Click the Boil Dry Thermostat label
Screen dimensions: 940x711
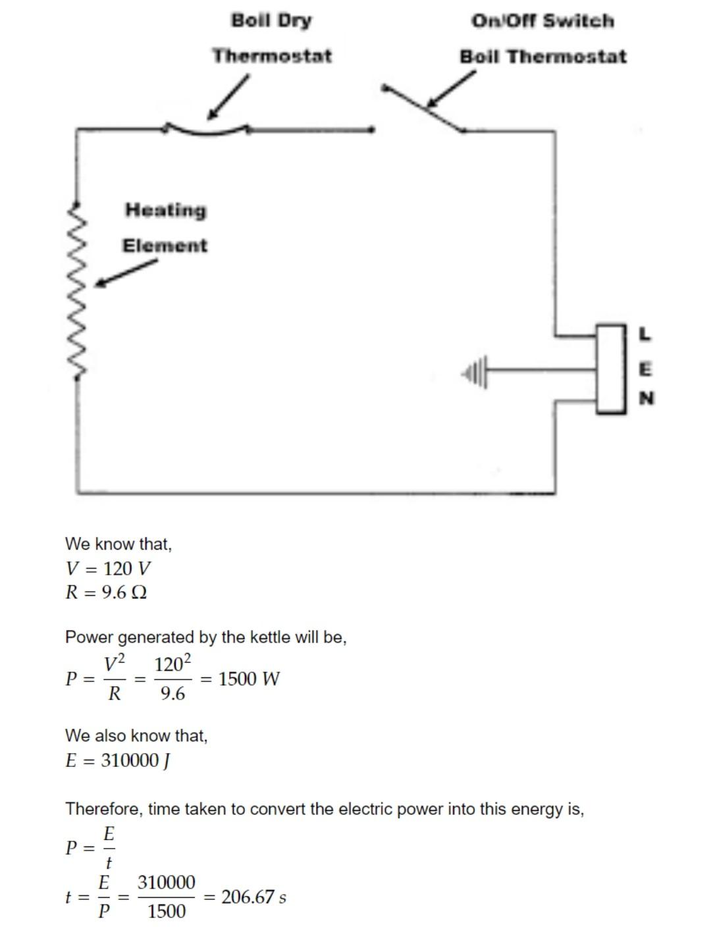point(272,38)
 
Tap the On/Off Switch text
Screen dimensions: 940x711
point(542,21)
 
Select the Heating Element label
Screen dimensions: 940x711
point(165,228)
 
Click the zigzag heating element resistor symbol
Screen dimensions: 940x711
point(80,290)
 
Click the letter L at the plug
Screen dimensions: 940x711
point(645,334)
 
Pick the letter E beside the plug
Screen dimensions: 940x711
point(645,369)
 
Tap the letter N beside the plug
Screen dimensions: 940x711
point(646,398)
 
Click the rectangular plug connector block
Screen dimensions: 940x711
point(611,369)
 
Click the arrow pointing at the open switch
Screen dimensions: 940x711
point(452,88)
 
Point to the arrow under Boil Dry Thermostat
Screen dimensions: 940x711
point(228,97)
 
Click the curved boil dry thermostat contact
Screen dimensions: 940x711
point(206,130)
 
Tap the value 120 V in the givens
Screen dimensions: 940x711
point(127,568)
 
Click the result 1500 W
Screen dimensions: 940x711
point(249,679)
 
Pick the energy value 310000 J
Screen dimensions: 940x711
point(136,760)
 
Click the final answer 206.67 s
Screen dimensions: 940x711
point(253,897)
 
